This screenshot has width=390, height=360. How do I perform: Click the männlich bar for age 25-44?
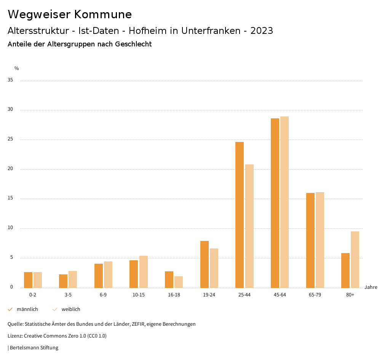(240, 215)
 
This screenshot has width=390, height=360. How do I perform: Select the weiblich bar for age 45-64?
(285, 202)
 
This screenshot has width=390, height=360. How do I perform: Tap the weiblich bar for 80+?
(355, 260)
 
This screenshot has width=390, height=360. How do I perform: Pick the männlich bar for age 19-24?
(205, 264)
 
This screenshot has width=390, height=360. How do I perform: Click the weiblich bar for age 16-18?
(179, 282)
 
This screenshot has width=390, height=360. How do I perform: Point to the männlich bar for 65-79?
(310, 240)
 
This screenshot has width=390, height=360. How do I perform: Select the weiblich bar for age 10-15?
(144, 272)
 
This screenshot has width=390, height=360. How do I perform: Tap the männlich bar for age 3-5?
(63, 281)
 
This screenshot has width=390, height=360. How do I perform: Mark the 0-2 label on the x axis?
(33, 295)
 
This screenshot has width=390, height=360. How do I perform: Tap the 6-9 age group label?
(103, 295)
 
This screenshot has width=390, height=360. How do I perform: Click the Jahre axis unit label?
(371, 287)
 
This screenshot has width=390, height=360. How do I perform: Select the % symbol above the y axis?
(17, 68)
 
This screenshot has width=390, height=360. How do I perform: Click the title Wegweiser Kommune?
(70, 14)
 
